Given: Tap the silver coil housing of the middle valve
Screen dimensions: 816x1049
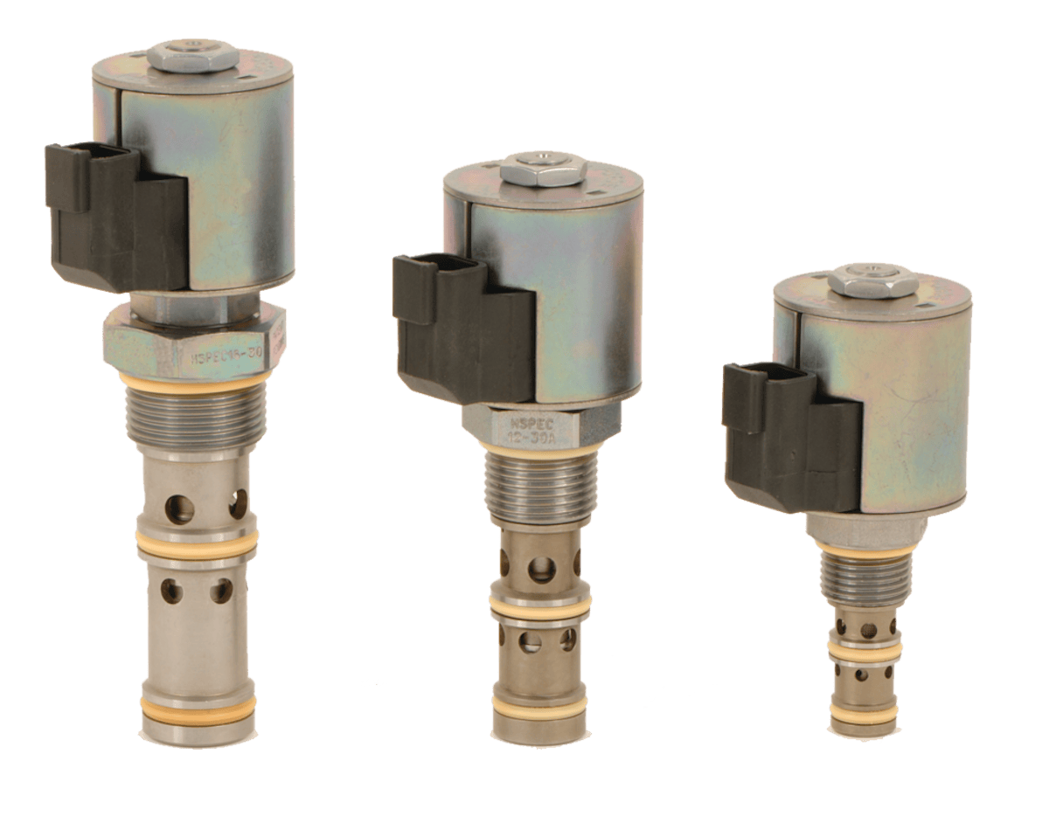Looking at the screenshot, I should (577, 297).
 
